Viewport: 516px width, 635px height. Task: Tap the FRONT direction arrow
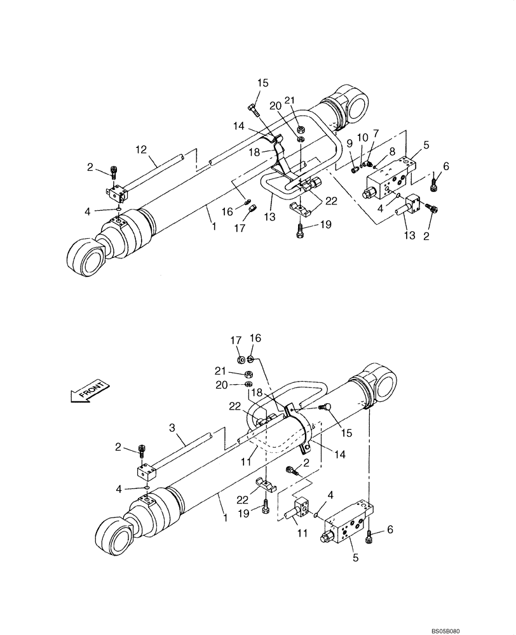[88, 391]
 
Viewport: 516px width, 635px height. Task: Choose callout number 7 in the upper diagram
[376, 133]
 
